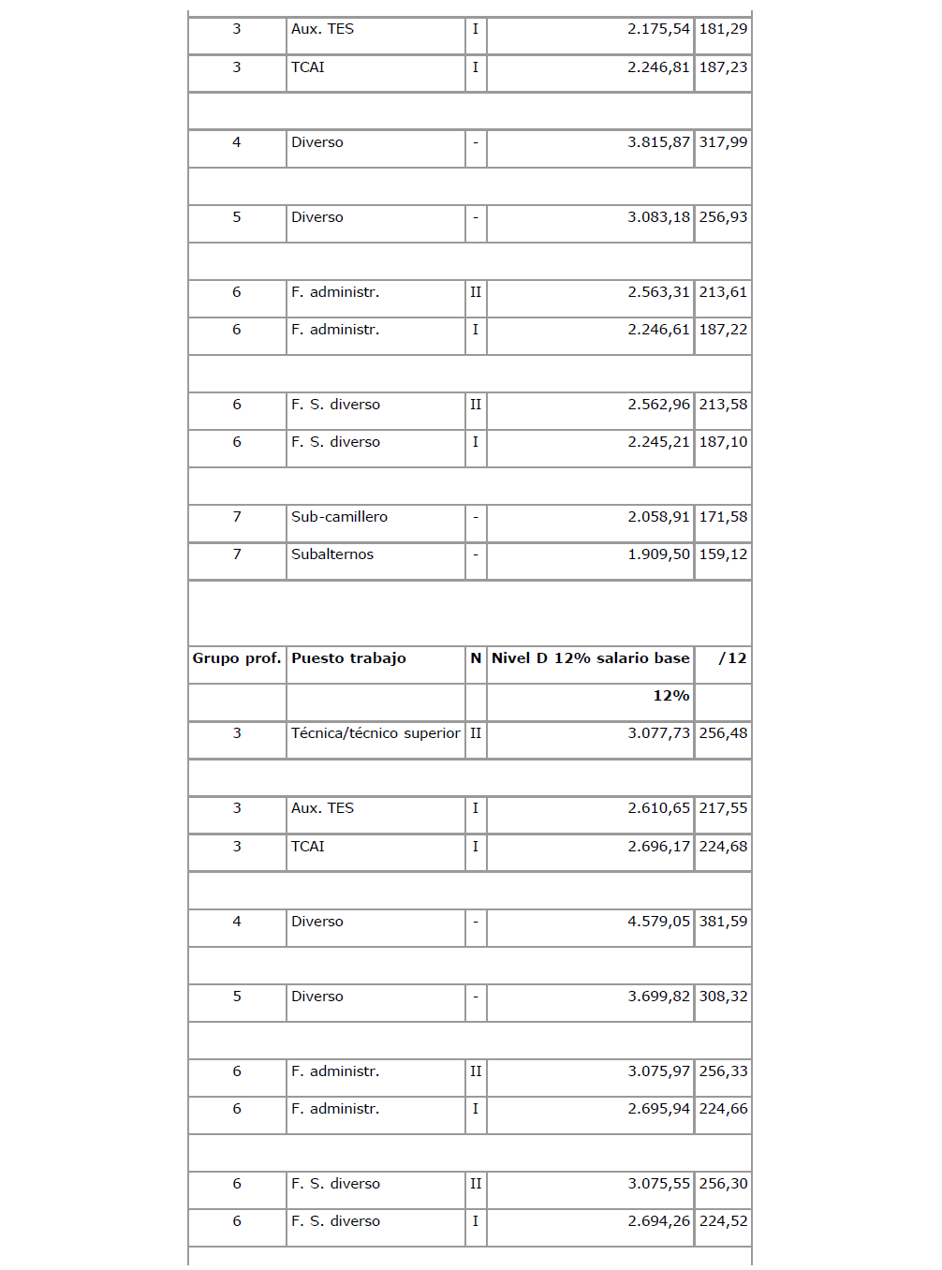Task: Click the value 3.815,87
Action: click(x=658, y=142)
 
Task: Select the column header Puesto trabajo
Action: click(x=348, y=658)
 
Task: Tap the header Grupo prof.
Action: click(x=237, y=658)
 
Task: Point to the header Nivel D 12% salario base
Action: click(x=590, y=658)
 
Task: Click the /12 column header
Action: click(x=732, y=658)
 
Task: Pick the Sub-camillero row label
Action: click(x=339, y=517)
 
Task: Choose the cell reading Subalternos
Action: click(x=332, y=554)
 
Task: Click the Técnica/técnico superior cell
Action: click(x=375, y=733)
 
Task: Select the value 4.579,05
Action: click(x=658, y=922)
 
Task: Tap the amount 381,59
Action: click(x=723, y=922)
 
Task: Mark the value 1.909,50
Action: click(x=658, y=554)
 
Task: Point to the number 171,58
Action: click(x=723, y=517)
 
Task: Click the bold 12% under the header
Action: click(x=670, y=696)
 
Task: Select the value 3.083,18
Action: click(x=658, y=217)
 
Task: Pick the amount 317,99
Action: click(x=723, y=142)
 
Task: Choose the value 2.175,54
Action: click(x=658, y=29)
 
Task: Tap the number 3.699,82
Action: click(x=658, y=997)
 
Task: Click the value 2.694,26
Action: click(x=658, y=1221)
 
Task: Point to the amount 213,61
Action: click(x=723, y=292)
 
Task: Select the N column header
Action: click(x=476, y=658)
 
